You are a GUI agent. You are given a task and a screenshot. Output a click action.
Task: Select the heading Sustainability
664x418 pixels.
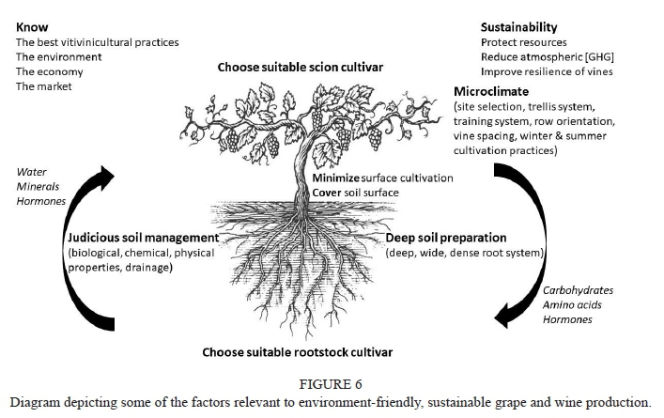[x=518, y=27]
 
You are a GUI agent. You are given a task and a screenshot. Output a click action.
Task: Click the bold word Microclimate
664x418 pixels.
[x=491, y=92]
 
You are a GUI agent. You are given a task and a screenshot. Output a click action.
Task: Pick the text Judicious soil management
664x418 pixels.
[x=140, y=238]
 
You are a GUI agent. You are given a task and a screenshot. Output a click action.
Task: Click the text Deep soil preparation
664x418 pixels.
[x=446, y=238]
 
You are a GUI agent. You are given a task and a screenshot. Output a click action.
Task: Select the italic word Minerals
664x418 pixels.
[x=38, y=187]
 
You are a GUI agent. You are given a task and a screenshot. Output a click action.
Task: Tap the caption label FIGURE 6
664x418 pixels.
[x=332, y=383]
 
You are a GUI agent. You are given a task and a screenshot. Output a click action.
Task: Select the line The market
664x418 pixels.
[x=43, y=86]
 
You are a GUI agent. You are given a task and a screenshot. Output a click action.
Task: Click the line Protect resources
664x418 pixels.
[x=523, y=42]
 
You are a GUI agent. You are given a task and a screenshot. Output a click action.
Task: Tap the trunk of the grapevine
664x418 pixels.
[x=305, y=178]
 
